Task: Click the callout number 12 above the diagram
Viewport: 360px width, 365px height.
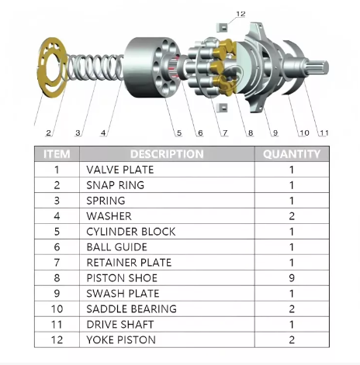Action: pos(241,14)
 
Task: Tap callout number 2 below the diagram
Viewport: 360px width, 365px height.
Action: pos(49,133)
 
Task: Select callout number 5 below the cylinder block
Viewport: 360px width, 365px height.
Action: pos(179,133)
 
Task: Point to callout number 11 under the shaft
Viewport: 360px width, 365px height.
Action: pos(324,133)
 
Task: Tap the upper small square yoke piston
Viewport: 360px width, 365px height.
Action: pos(222,27)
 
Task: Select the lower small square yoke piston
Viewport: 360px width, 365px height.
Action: pos(222,108)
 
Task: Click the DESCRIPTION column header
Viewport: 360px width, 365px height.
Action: pos(167,154)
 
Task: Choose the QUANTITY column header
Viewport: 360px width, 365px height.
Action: pos(292,154)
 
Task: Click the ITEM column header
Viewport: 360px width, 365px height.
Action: pos(57,154)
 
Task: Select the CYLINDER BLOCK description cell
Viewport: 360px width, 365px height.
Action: pos(167,232)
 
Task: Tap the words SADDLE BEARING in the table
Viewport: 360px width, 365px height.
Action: pos(131,309)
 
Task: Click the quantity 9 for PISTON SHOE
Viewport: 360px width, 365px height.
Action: pos(292,278)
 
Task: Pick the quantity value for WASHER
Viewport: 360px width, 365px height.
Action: pos(292,216)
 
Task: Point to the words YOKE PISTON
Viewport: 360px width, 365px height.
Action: pos(121,340)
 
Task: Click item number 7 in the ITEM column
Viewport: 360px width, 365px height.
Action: pos(57,263)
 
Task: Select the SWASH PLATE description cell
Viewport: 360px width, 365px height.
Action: pos(167,294)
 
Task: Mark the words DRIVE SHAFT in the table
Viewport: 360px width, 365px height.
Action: pos(120,325)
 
